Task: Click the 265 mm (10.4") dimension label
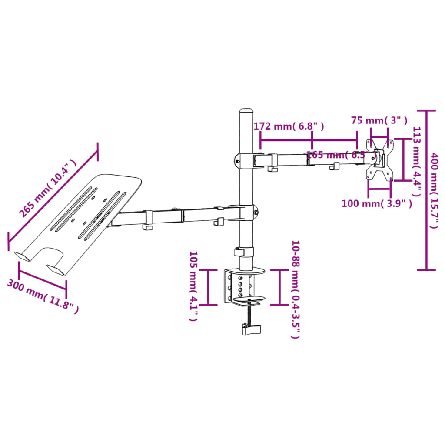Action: tap(47, 188)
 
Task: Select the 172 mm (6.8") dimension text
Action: tap(289, 126)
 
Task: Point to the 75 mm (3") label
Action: tap(379, 120)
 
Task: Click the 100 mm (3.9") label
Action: tap(376, 203)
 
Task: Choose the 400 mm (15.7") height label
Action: tap(435, 190)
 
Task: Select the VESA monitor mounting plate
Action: tap(380, 159)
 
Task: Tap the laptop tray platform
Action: tap(83, 219)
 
